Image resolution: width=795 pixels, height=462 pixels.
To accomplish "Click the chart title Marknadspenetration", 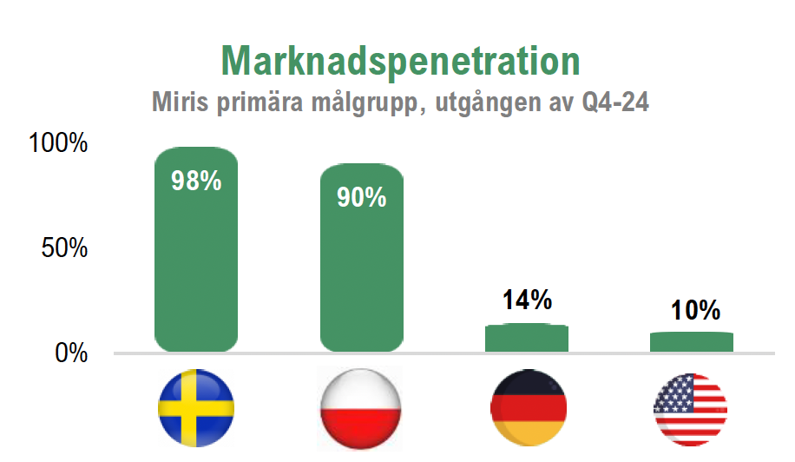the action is pos(401,62).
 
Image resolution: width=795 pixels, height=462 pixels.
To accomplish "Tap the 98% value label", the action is pos(196,181).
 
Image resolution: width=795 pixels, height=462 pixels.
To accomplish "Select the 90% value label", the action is pos(362,197).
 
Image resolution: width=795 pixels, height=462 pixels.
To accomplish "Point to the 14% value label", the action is pos(527,300).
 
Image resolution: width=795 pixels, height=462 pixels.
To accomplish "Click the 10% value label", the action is pos(695,310).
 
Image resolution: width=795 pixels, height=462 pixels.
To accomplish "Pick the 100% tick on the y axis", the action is pos(58,142).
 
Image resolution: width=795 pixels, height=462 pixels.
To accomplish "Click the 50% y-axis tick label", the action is pos(64,248).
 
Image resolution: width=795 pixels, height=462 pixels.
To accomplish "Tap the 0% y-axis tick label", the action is pos(71,353).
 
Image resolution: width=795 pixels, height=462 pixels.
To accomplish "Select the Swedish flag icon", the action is pos(196,408).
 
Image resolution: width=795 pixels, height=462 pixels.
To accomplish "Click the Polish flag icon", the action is pos(360,409).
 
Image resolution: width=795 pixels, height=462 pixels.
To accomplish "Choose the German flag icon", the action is pos(529,408).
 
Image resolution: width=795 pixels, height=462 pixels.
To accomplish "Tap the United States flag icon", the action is pos(691,410).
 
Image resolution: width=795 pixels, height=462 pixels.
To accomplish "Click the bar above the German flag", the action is pos(527,338).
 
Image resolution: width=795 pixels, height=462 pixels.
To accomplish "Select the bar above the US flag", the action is pos(692,342).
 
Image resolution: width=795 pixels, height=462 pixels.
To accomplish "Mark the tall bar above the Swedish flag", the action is pos(196,249).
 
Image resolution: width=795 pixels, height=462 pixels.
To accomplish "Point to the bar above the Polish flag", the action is pos(362,258).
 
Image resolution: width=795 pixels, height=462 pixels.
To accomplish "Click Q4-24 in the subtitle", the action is pos(615,102).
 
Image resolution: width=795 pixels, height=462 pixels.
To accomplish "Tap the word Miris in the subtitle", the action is pos(180,102).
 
